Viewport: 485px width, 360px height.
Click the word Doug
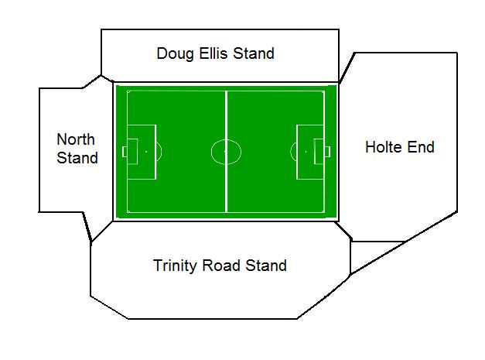click(176, 54)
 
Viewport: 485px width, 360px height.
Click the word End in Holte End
click(421, 147)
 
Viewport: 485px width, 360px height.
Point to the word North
click(76, 139)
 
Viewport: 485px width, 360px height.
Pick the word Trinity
click(175, 266)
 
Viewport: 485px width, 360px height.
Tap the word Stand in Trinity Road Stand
click(266, 266)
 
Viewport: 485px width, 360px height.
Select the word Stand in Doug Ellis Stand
click(254, 53)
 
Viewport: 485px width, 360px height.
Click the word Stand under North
click(77, 158)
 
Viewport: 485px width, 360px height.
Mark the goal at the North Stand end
click(125, 152)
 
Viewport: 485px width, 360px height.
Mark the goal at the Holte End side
click(327, 152)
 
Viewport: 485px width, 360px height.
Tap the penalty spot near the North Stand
click(146, 152)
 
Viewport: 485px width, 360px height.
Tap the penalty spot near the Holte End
click(306, 152)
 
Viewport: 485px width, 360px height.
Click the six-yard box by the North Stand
click(132, 152)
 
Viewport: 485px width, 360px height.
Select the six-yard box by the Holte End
click(319, 152)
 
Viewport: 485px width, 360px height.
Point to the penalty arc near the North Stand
click(162, 152)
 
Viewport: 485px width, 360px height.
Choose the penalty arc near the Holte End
click(291, 152)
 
